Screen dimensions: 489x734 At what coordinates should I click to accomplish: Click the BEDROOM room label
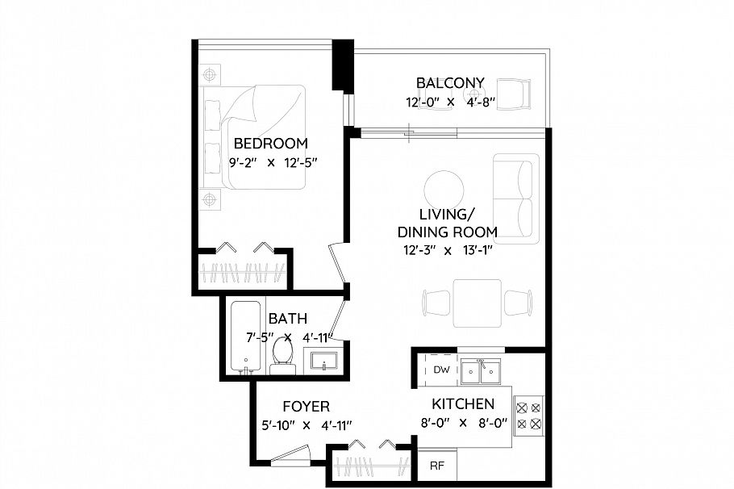tap(270, 144)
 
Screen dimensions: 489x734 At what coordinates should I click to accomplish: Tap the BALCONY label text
tap(449, 82)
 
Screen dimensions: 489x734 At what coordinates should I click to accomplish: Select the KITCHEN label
tap(462, 403)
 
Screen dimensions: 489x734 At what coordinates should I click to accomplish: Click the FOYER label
tap(306, 407)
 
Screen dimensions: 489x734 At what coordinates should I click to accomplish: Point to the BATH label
tap(288, 319)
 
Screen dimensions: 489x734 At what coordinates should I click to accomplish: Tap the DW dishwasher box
tap(440, 370)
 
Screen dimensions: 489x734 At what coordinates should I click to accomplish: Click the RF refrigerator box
tap(436, 466)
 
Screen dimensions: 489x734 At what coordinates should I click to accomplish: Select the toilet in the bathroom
tap(282, 354)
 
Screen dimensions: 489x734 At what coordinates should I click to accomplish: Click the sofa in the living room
tap(515, 199)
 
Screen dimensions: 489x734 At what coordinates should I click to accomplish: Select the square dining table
tap(477, 303)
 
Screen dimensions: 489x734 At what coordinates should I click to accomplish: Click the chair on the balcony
tap(514, 94)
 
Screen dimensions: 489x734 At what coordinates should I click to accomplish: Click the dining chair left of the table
tap(436, 303)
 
